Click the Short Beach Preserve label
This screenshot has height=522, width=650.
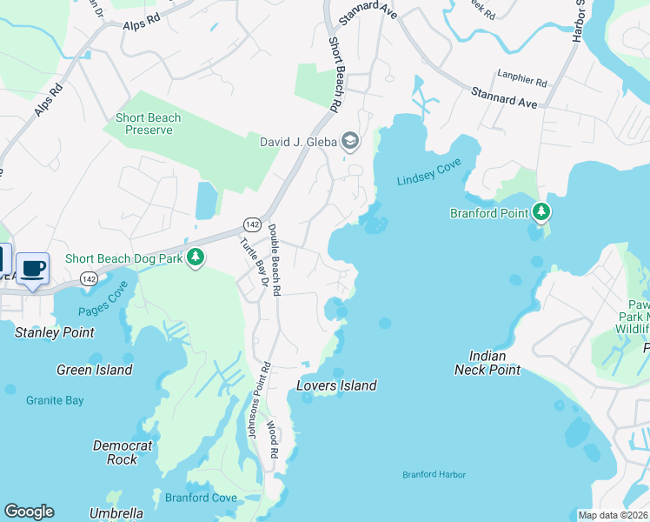148,124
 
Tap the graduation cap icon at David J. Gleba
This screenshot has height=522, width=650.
350,141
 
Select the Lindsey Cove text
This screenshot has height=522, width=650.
428,175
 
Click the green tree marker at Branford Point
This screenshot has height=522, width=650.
541,211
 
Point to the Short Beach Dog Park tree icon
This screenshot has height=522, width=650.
196,258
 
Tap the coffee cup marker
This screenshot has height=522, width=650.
33,268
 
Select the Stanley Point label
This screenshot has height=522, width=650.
55,332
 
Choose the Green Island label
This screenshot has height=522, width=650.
95,370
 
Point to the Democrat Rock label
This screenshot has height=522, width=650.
123,452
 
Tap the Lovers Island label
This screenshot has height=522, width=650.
336,385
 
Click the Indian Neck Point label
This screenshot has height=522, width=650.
487,363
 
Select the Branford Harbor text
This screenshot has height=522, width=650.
434,474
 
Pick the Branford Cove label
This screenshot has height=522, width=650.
201,498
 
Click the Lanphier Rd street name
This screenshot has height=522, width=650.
521,83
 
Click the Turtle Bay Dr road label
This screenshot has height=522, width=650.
253,262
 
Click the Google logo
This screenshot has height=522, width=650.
29,512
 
